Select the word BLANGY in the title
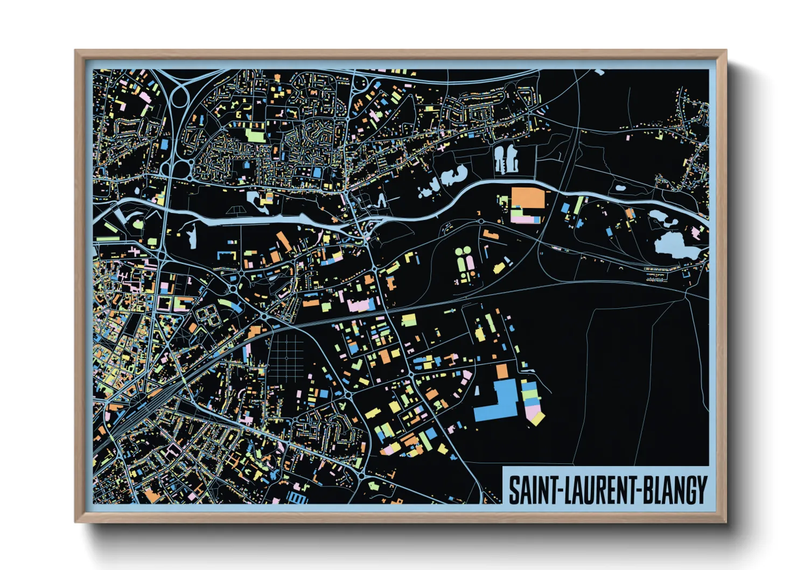(675, 490)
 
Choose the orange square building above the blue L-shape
(502, 371)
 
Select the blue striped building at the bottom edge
(297, 497)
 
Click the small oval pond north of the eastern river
(620, 189)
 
